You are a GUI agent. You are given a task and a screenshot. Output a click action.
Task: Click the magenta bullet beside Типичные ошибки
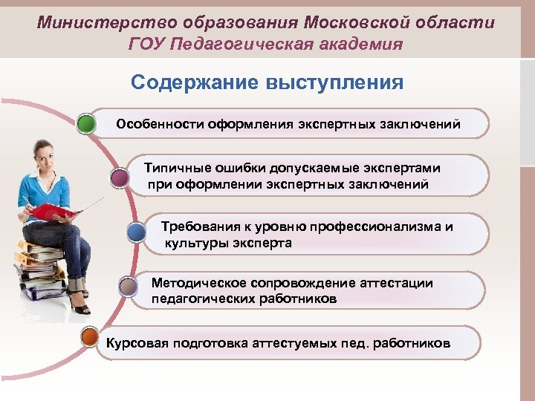(120, 177)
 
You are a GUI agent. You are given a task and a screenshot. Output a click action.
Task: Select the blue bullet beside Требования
(136, 233)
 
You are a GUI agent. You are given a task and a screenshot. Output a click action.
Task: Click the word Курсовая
(137, 344)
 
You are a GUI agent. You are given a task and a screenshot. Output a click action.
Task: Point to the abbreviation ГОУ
(147, 44)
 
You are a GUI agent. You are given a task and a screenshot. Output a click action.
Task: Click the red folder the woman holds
(53, 211)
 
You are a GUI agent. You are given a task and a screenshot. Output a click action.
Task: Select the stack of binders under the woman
(38, 267)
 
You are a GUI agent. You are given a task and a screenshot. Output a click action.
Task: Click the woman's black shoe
(81, 307)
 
